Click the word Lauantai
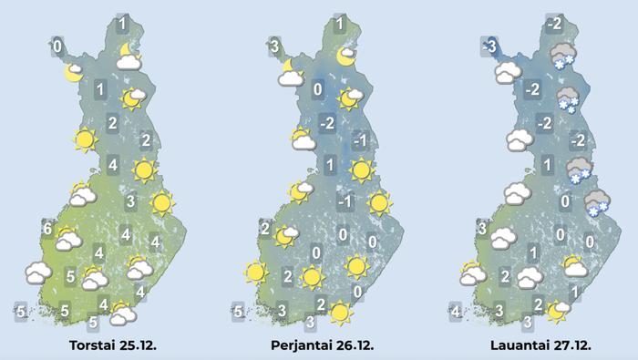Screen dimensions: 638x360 point(515,346)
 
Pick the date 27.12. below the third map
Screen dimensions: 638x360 point(571,346)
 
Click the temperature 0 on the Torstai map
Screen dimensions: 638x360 point(57,45)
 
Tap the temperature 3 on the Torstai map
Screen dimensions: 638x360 point(130,202)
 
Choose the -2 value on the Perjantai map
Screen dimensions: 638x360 point(328,123)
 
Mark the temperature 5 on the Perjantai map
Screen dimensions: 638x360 point(238,312)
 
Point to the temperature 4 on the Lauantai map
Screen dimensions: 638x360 point(455,312)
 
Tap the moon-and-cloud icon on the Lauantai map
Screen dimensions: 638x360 point(556,312)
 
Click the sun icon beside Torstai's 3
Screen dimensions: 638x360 point(161,202)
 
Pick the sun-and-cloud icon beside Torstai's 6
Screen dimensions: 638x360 point(67,240)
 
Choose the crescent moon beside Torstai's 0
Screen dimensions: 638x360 point(73,73)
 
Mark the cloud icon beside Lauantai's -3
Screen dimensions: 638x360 point(504,73)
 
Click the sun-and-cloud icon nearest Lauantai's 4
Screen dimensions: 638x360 point(472,273)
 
